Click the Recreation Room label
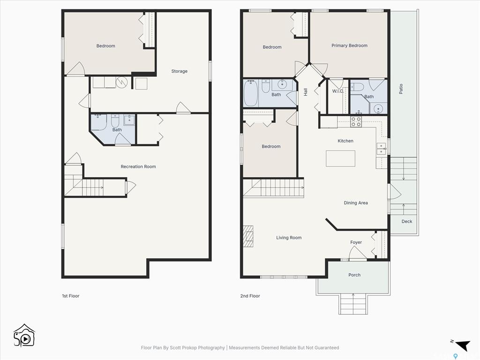(138, 166)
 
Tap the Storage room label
(179, 71)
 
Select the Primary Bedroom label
(349, 45)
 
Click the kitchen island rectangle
(340, 158)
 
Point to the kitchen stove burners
(356, 121)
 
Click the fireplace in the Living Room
(248, 236)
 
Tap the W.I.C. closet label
(337, 91)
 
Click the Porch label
(354, 275)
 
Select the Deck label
(406, 221)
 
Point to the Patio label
(401, 89)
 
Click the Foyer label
(356, 242)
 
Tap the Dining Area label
(356, 202)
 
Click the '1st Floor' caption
(71, 296)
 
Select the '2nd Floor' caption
(250, 296)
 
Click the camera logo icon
(24, 336)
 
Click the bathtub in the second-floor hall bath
(251, 93)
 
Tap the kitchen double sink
(381, 149)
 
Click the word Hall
(305, 92)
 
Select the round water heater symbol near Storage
(121, 82)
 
